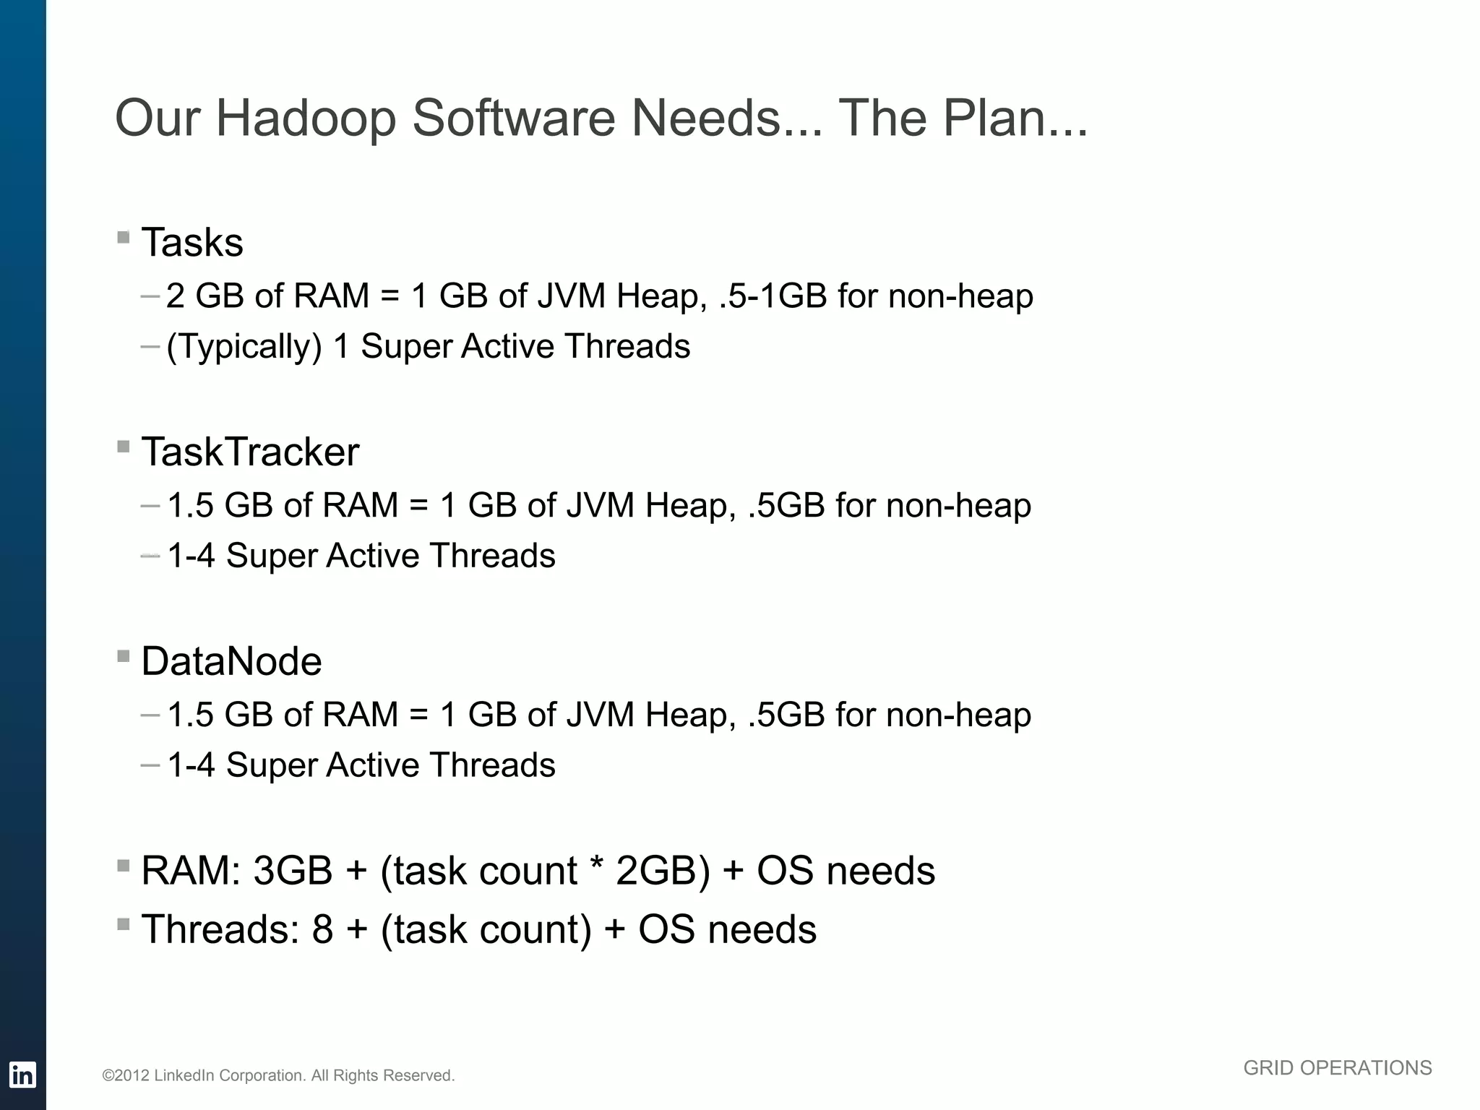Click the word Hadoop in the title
click(x=306, y=119)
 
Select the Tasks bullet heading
click(x=192, y=242)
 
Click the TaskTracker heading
click(x=250, y=452)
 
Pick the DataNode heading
click(x=231, y=661)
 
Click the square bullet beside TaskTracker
click(x=124, y=447)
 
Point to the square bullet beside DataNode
click(x=124, y=656)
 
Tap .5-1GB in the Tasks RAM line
click(x=773, y=296)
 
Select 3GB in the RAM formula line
click(x=293, y=871)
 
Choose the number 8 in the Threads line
click(x=322, y=929)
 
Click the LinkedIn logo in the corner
click(x=22, y=1075)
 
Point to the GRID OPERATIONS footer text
click(x=1337, y=1068)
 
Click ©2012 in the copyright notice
click(x=126, y=1076)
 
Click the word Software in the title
click(x=514, y=119)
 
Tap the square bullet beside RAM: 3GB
click(x=124, y=865)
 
